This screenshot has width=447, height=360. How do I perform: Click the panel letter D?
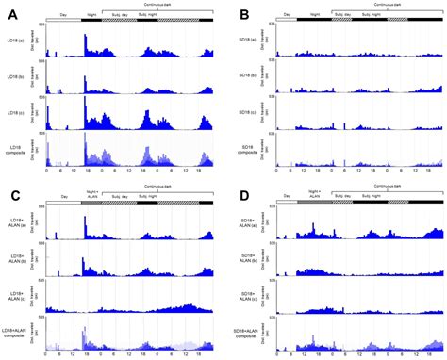point(243,197)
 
